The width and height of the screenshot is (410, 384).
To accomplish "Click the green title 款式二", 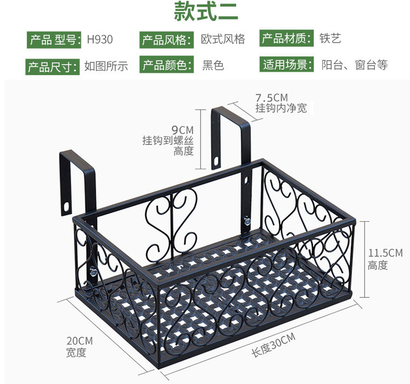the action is coord(205,12).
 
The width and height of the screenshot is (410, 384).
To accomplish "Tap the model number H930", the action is coord(100,40).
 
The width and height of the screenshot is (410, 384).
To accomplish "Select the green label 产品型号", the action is coord(55,40).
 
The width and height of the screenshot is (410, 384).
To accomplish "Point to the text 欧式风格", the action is coord(222,39).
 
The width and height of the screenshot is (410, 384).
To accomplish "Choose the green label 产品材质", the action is coord(287,39).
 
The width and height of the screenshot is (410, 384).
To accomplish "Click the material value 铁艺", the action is coord(330,39).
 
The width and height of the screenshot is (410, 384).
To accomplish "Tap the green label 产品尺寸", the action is coord(53,67).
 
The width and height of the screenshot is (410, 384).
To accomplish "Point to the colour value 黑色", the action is coord(213,66).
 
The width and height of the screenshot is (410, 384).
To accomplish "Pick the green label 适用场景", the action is coord(287,65).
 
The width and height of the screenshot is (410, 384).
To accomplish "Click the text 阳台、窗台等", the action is coord(355,65).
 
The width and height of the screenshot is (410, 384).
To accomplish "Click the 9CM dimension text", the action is coord(183,130).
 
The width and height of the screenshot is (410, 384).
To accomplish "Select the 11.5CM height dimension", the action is coord(385,253).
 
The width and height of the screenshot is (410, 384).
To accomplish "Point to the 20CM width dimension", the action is coord(80,341).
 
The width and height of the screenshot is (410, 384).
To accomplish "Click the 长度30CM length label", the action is coord(273,344).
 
